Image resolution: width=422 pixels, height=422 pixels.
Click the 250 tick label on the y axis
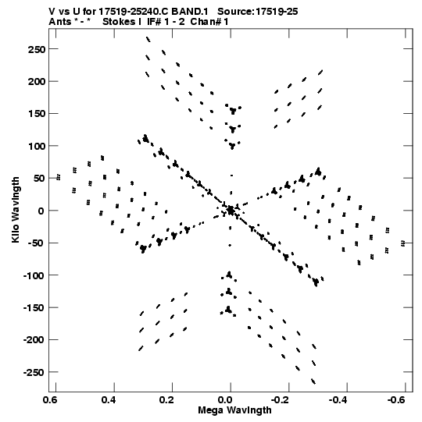click(37, 49)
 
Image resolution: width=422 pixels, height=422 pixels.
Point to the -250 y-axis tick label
click(34, 373)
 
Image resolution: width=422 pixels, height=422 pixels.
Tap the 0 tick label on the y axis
click(41, 211)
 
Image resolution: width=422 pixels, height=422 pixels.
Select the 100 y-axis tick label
click(37, 146)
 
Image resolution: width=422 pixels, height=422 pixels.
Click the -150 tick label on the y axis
click(34, 308)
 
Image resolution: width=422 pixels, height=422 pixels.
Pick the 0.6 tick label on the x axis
click(50, 400)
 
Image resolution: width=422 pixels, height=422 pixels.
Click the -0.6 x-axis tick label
click(396, 400)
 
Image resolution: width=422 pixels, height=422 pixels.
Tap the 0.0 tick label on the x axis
click(225, 400)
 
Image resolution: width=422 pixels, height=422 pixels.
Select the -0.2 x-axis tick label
click(280, 400)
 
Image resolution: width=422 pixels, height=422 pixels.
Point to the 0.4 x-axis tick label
click(109, 400)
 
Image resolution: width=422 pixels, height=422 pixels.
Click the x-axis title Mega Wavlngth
click(234, 410)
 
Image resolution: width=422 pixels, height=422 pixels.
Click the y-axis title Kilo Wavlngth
click(16, 210)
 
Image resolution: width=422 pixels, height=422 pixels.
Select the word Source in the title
click(234, 12)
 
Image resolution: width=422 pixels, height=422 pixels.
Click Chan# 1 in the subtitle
click(209, 22)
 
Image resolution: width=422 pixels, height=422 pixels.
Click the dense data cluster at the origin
click(231, 211)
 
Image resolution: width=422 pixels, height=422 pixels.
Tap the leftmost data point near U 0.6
click(59, 177)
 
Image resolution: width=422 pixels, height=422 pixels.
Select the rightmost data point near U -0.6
click(403, 243)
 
